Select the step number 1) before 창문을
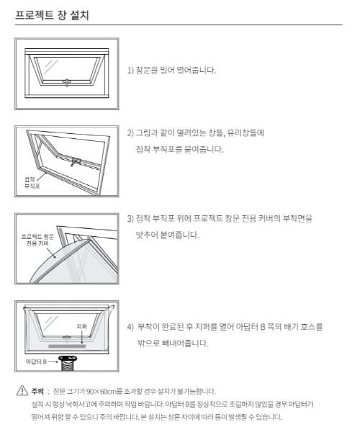(x=130, y=71)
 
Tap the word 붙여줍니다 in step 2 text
(x=204, y=149)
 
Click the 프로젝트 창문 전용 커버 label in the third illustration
(x=37, y=241)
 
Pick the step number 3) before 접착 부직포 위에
(x=130, y=218)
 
